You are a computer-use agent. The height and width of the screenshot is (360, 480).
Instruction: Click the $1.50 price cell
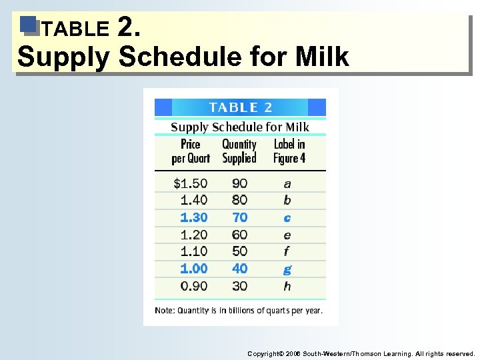tap(190, 183)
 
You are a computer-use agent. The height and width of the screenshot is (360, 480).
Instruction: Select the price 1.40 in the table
tap(193, 200)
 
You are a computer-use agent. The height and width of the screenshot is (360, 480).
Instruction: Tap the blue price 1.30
tap(193, 217)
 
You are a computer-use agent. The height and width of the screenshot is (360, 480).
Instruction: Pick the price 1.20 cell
tap(193, 235)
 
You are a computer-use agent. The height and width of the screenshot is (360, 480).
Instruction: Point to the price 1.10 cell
tap(193, 251)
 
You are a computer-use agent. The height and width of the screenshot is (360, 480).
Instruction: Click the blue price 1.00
tap(193, 269)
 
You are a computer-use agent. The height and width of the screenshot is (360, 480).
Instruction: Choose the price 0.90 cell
tap(193, 286)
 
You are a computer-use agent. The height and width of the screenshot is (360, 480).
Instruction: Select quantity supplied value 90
tap(239, 183)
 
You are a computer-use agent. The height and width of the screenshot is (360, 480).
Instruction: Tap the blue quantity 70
tap(239, 217)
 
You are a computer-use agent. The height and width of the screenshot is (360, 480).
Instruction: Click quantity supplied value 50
tap(239, 251)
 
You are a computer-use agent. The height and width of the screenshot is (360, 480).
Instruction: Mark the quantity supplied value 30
tap(239, 286)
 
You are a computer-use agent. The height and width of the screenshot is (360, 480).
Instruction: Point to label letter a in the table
tap(287, 183)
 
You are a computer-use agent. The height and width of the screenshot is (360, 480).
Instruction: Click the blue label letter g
tap(287, 269)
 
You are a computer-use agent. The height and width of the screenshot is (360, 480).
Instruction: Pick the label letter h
tap(287, 286)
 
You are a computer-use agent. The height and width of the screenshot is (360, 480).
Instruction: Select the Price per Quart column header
tap(191, 151)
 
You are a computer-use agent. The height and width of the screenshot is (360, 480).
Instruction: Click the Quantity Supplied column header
tap(239, 151)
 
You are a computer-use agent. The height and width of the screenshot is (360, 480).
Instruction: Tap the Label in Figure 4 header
tap(289, 151)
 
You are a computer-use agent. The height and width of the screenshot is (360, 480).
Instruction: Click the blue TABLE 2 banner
tap(240, 107)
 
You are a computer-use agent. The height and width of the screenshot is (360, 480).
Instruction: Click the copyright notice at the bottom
tap(361, 353)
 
